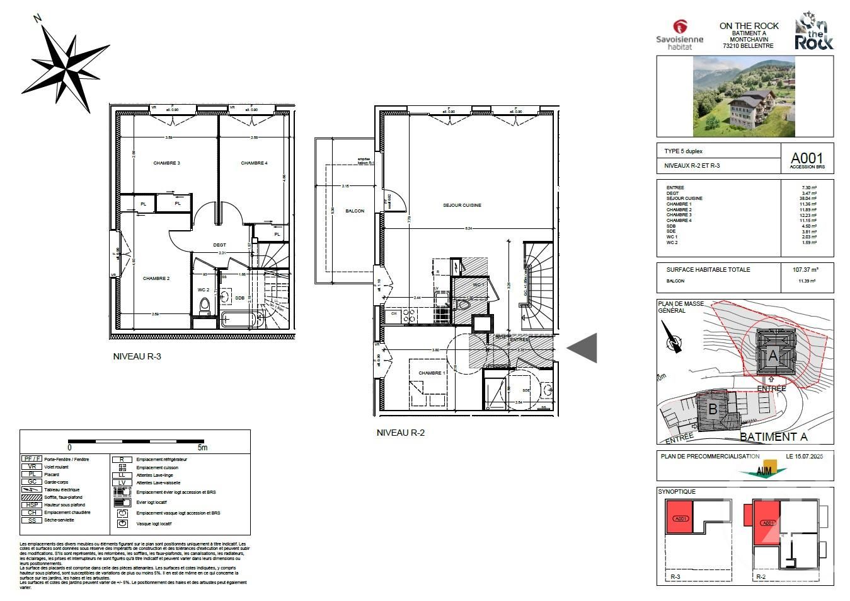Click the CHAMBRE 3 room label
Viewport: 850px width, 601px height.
[x=166, y=163]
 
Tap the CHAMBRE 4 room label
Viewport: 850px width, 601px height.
[x=254, y=163]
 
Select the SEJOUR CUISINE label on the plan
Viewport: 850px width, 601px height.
[x=462, y=206]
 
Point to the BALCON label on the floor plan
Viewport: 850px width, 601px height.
[x=355, y=211]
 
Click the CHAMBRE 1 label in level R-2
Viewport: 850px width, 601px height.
[x=430, y=373]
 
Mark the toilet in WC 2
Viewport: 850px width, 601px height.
[x=204, y=306]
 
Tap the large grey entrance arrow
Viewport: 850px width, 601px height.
[x=583, y=347]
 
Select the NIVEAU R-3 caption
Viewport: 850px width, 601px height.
[x=137, y=356]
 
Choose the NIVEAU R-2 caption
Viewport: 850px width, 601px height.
[x=400, y=433]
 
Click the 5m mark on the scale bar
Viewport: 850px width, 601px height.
[x=202, y=448]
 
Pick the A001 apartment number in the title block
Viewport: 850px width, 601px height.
[x=807, y=158]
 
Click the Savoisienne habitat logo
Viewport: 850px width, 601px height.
[x=679, y=35]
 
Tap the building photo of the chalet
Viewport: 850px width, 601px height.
[x=745, y=96]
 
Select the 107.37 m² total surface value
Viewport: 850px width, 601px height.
[x=805, y=269]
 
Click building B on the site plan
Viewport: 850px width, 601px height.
[x=713, y=409]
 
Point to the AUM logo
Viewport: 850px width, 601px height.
[x=764, y=470]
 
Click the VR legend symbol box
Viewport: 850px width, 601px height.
[x=32, y=467]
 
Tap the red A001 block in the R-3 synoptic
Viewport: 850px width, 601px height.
[x=679, y=518]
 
